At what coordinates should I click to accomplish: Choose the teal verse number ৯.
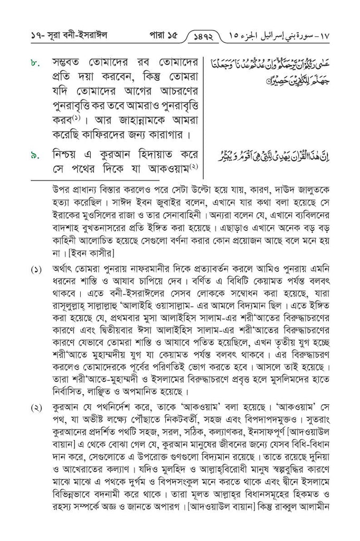coord(34,157)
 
